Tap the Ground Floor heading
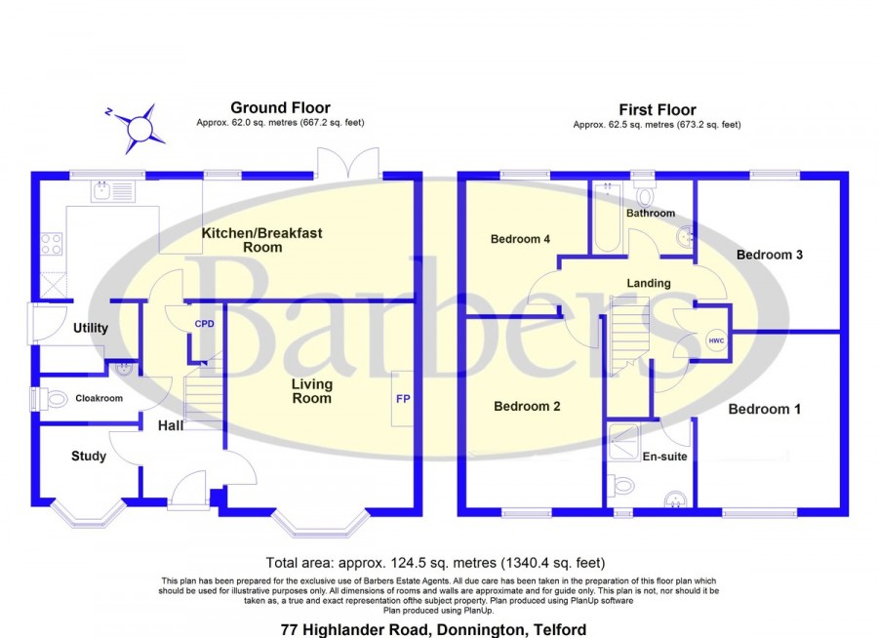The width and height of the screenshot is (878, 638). click(x=280, y=107)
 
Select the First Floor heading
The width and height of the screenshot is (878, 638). click(x=657, y=110)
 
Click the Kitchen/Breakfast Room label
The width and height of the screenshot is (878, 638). click(x=262, y=240)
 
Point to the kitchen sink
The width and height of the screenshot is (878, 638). click(x=112, y=191)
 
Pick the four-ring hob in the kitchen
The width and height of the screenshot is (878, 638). click(x=52, y=244)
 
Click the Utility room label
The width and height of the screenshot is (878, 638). click(x=91, y=328)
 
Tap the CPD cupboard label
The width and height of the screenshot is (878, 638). click(x=205, y=324)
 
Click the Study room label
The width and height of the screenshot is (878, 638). click(x=89, y=457)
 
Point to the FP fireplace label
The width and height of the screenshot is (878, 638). click(x=403, y=399)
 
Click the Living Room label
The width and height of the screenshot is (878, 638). click(x=312, y=391)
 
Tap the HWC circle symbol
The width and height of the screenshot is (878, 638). click(x=716, y=340)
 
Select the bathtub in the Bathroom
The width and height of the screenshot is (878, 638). click(x=607, y=217)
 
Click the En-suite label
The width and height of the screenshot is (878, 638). click(x=664, y=457)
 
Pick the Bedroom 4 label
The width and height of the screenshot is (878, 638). click(x=520, y=239)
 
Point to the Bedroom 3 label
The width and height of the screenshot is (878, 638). click(x=770, y=255)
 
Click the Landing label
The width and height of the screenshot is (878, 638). click(x=649, y=284)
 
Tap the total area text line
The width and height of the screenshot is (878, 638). click(x=435, y=562)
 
